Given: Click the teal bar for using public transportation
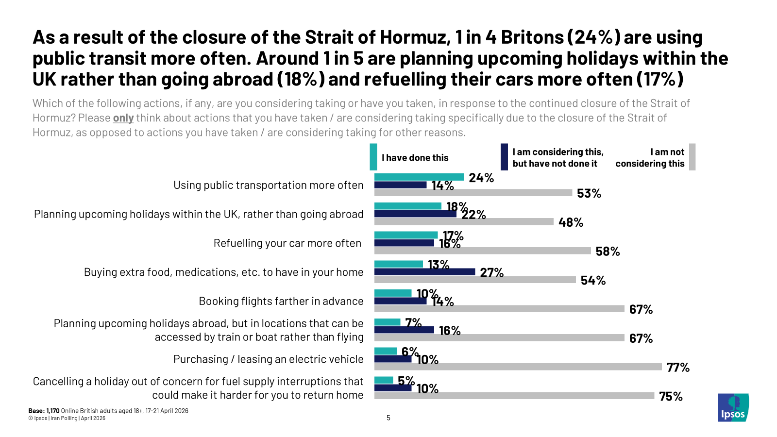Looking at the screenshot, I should (419, 177).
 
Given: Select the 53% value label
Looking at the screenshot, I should (589, 193).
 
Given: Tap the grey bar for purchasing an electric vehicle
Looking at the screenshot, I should (518, 367).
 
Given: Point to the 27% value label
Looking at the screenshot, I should (491, 272).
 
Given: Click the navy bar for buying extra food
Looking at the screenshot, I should (424, 272).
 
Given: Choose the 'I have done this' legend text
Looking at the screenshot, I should (415, 158).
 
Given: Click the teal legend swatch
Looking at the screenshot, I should (373, 157).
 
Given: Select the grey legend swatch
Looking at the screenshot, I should (692, 157).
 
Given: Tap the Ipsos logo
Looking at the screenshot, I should (733, 407).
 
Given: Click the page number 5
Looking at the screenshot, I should (388, 418).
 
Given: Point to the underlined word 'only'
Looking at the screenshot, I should (123, 118).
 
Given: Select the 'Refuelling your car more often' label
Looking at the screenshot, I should (287, 243).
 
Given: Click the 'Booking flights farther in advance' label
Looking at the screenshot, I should (281, 301).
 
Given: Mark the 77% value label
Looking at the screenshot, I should (678, 368).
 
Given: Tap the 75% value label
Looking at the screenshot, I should (671, 396).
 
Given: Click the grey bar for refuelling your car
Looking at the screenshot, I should (482, 251).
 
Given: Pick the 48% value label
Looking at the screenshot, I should (571, 222).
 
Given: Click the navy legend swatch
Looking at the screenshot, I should (504, 157).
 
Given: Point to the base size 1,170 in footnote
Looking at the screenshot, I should (52, 411).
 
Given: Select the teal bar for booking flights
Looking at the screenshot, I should (393, 293).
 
